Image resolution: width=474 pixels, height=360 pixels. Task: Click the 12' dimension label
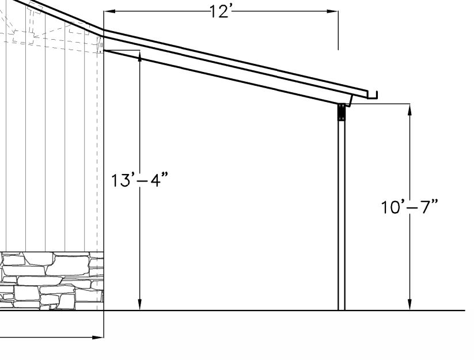pyautogui.click(x=221, y=12)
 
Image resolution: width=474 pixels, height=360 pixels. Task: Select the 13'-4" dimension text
pyautogui.click(x=139, y=180)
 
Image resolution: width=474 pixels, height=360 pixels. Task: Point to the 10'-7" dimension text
pyautogui.click(x=409, y=207)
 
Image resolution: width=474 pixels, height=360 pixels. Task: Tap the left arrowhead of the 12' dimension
pyautogui.click(x=109, y=11)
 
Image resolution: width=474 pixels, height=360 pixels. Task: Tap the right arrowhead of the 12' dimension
pyautogui.click(x=332, y=11)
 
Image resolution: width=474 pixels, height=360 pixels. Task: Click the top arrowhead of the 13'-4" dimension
pyautogui.click(x=139, y=56)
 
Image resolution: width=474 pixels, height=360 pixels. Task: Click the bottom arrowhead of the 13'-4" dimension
pyautogui.click(x=139, y=304)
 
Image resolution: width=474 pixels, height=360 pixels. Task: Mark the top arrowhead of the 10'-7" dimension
pyautogui.click(x=410, y=109)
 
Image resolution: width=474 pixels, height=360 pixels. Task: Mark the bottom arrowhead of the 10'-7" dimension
pyautogui.click(x=410, y=304)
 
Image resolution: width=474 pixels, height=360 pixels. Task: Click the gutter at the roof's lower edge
pyautogui.click(x=372, y=95)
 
